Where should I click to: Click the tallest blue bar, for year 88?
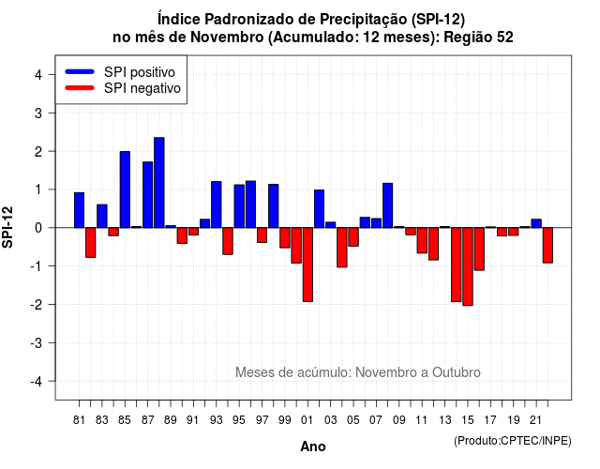click(x=159, y=183)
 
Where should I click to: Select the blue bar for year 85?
click(x=125, y=189)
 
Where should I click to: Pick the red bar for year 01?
click(x=307, y=265)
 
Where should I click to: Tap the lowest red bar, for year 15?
click(x=468, y=266)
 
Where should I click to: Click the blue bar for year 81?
click(x=79, y=210)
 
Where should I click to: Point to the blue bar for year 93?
click(x=217, y=204)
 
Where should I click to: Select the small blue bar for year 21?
click(x=536, y=223)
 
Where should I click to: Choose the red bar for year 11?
click(x=422, y=240)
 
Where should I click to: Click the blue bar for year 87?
click(x=148, y=195)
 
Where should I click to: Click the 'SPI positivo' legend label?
click(x=140, y=72)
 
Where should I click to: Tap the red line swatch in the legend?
click(x=80, y=88)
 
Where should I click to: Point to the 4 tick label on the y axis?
click(x=38, y=74)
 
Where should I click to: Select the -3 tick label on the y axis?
click(x=36, y=342)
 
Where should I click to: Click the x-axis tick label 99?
click(x=285, y=420)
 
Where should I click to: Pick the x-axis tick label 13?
click(x=445, y=420)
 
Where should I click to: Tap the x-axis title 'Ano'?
click(x=313, y=446)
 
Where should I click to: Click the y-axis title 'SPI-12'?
click(x=7, y=227)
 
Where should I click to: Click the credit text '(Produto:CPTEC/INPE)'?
click(x=513, y=441)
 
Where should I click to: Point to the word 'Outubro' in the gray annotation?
click(x=457, y=372)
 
